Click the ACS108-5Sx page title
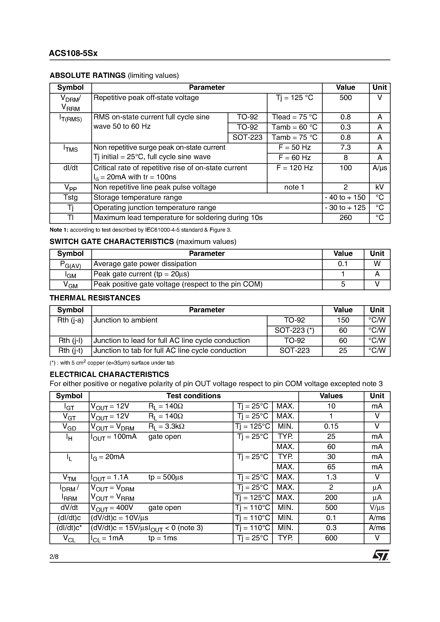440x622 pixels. click(x=73, y=53)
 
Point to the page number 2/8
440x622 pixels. click(x=54, y=557)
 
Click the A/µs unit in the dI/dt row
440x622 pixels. click(x=380, y=168)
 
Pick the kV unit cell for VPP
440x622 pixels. click(x=380, y=187)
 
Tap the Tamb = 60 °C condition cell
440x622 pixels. click(x=294, y=127)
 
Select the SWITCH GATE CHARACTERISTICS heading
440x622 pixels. click(x=112, y=242)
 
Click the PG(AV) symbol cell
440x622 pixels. click(x=70, y=264)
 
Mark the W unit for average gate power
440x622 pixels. click(x=377, y=264)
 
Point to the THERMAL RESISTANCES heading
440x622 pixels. click(x=95, y=298)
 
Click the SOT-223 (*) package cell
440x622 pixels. click(x=294, y=331)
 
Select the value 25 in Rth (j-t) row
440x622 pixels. click(x=343, y=351)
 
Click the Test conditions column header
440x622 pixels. click(x=193, y=396)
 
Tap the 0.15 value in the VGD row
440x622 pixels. click(x=331, y=427)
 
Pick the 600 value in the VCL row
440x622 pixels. click(x=331, y=538)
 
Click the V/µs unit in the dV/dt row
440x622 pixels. click(x=377, y=508)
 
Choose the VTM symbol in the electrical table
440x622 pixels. click(x=69, y=478)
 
